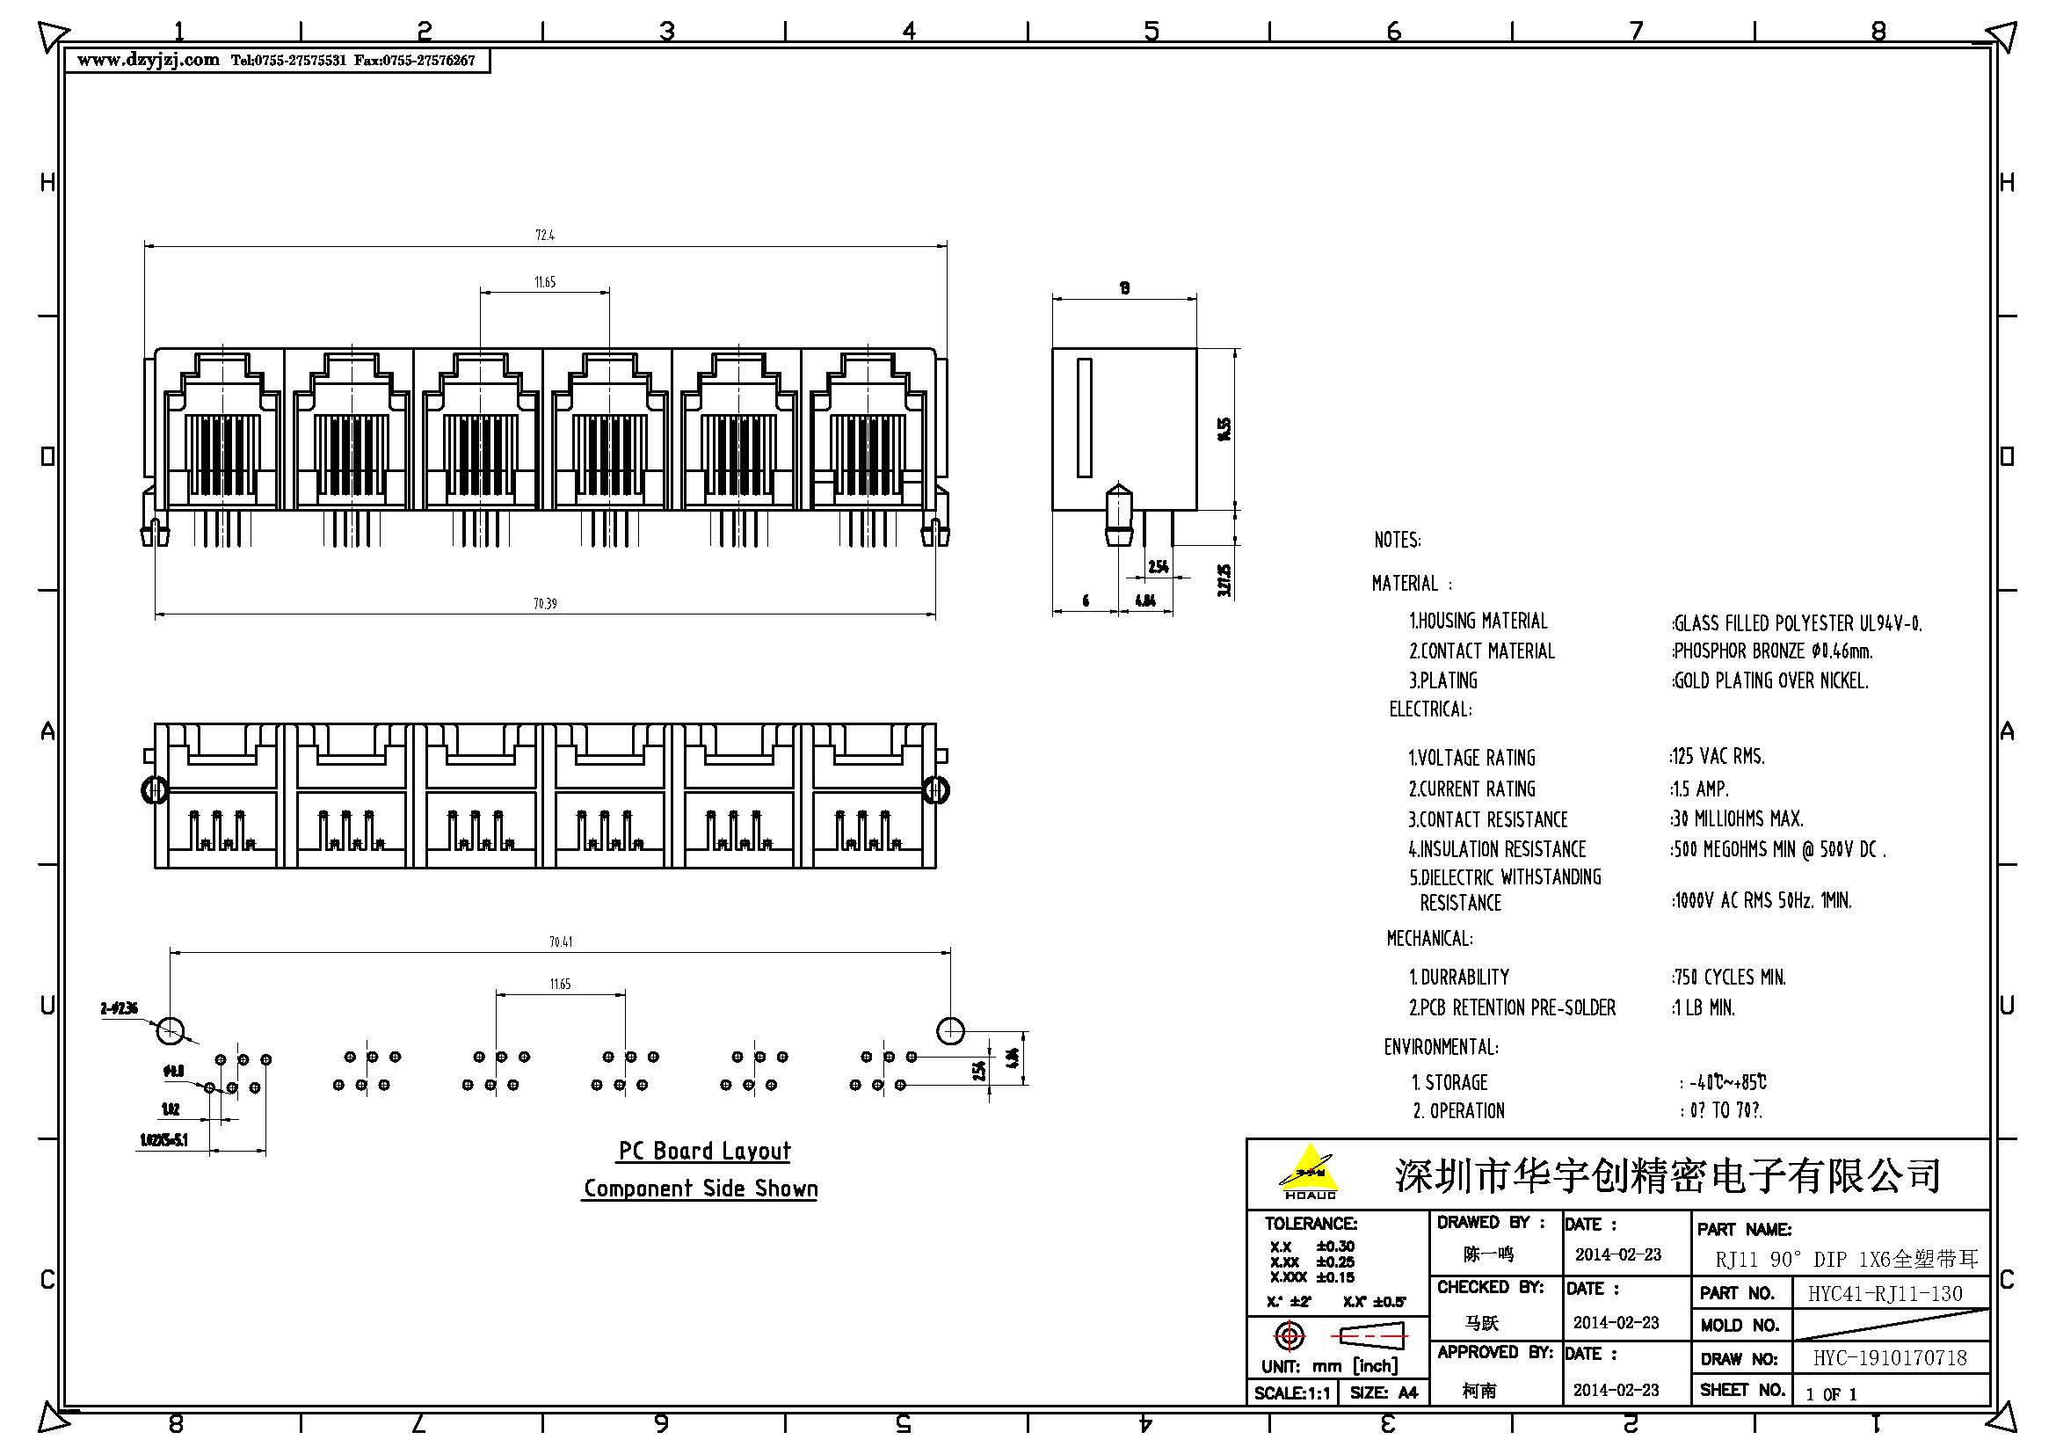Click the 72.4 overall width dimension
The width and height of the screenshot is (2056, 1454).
point(544,236)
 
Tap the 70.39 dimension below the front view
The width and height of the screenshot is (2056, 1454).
point(544,604)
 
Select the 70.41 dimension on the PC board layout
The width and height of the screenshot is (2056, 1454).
point(561,941)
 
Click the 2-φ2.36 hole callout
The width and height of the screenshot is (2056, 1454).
point(119,1009)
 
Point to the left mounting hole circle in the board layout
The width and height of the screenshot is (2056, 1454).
point(171,1030)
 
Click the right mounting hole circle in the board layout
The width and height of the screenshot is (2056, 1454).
point(950,1030)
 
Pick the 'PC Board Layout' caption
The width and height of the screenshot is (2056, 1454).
point(704,1152)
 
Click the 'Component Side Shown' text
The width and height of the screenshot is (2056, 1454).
point(700,1189)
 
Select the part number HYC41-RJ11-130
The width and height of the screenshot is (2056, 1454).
point(1885,1294)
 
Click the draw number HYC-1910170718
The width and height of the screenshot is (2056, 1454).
point(1890,1358)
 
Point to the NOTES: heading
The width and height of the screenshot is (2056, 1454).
point(1397,541)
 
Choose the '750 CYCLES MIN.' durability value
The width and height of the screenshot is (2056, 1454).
point(1729,978)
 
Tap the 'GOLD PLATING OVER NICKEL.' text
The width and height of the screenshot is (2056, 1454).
point(1770,681)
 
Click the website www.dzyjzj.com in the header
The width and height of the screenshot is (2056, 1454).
point(149,61)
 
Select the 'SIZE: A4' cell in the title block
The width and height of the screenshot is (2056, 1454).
point(1384,1393)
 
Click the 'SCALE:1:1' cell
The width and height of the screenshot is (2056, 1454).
point(1292,1393)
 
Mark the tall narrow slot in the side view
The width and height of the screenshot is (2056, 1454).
point(1085,418)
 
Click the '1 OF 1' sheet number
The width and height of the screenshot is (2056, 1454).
point(1831,1394)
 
